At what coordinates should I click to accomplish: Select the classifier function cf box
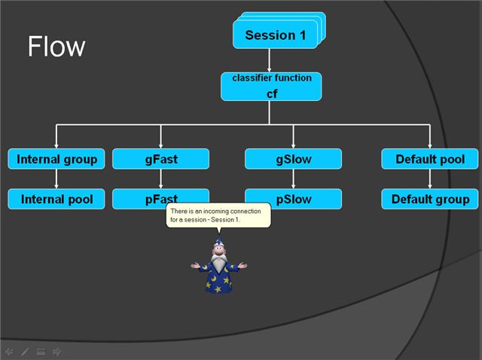pyautogui.click(x=271, y=87)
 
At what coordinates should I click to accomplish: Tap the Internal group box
pyautogui.click(x=56, y=159)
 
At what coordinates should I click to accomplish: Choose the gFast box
pyautogui.click(x=160, y=159)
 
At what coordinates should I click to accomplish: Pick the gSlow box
pyautogui.click(x=293, y=159)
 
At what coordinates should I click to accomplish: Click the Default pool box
pyautogui.click(x=429, y=159)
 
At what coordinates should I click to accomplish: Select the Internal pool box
pyautogui.click(x=56, y=199)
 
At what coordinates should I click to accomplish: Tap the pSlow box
pyautogui.click(x=293, y=199)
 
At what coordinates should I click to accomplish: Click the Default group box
pyautogui.click(x=429, y=199)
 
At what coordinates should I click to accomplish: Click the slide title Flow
pyautogui.click(x=56, y=47)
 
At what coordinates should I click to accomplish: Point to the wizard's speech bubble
pyautogui.click(x=218, y=215)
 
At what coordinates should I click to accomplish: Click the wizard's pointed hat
pyautogui.click(x=218, y=245)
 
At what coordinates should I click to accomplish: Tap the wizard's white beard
pyautogui.click(x=218, y=264)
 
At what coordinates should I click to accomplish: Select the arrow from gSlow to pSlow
pyautogui.click(x=293, y=179)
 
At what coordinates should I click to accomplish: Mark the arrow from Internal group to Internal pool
pyautogui.click(x=56, y=179)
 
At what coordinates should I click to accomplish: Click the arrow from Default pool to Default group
pyautogui.click(x=429, y=179)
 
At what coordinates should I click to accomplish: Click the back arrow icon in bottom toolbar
pyautogui.click(x=9, y=351)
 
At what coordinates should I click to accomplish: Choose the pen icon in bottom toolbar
pyautogui.click(x=25, y=351)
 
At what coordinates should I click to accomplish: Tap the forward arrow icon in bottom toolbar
pyautogui.click(x=57, y=351)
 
